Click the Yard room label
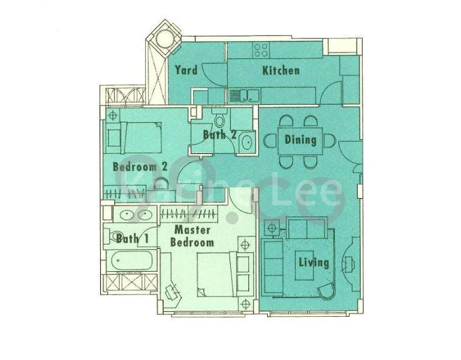[x=186, y=70]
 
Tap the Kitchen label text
[x=281, y=70]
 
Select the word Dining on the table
[x=300, y=140]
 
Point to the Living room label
[x=314, y=262]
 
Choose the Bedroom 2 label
[x=140, y=167]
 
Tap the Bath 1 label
[x=132, y=238]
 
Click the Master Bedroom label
[x=192, y=236]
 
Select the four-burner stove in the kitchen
[x=261, y=49]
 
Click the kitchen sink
[x=243, y=95]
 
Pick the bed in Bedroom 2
[x=137, y=137]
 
